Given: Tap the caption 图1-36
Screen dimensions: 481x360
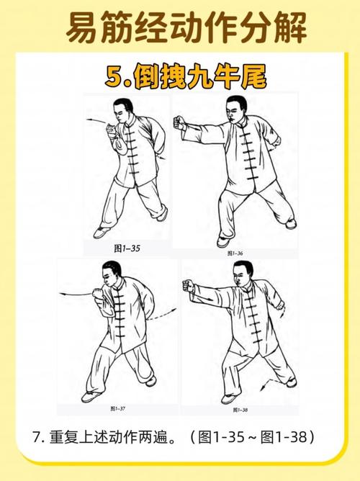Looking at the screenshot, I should click(x=234, y=253).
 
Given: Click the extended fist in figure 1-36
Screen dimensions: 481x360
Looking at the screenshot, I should click(x=180, y=126).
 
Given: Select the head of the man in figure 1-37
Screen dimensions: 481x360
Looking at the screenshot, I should click(x=109, y=276).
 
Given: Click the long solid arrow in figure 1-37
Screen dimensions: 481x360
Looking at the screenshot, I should click(x=75, y=292).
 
